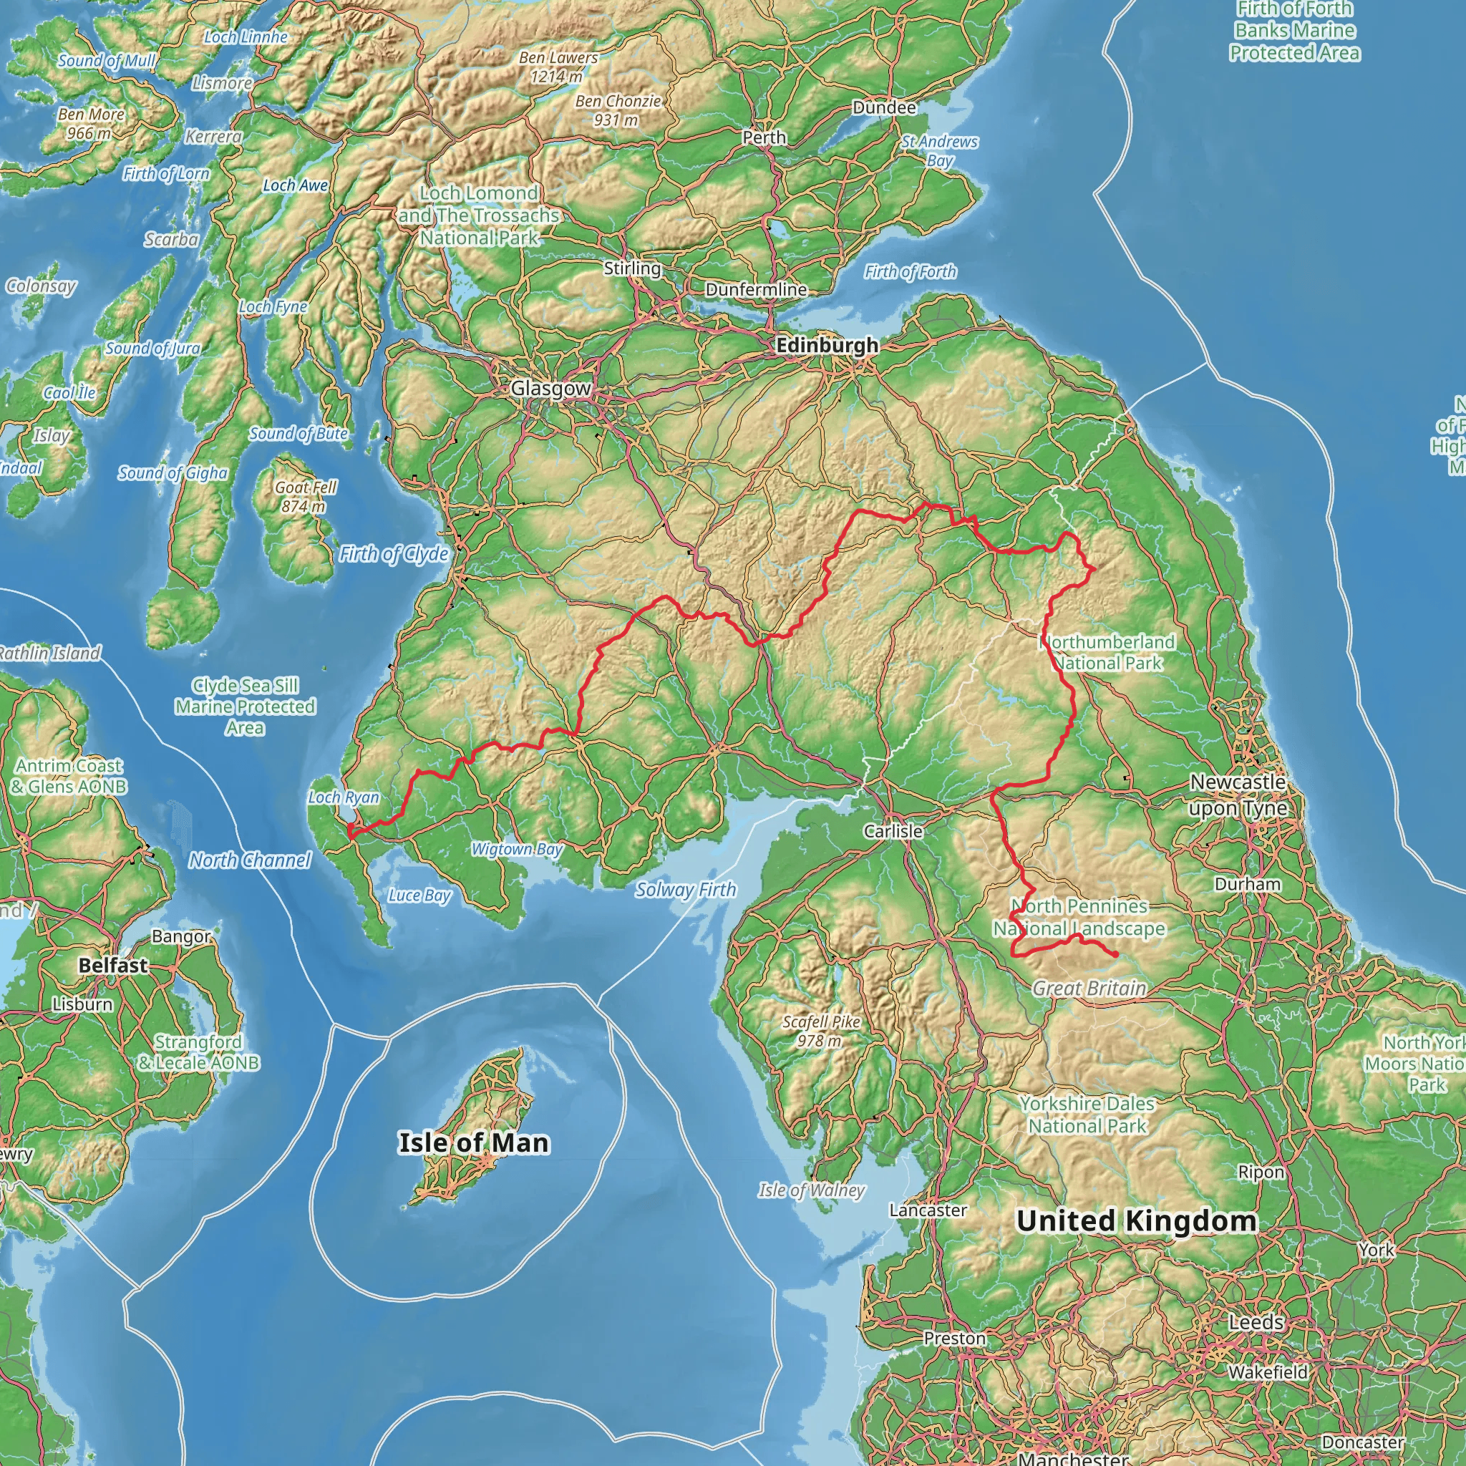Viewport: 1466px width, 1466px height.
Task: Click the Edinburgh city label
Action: pos(827,346)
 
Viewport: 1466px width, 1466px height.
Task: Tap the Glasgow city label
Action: pos(550,389)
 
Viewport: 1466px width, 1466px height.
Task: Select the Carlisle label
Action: pos(893,831)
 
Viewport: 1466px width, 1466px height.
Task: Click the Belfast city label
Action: pos(113,965)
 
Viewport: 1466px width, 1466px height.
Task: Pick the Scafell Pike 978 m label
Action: pos(821,1031)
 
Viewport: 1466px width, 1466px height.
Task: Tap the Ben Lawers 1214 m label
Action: pos(558,67)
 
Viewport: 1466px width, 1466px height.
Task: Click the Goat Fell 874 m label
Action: pos(305,496)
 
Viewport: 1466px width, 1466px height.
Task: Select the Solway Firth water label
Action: pos(686,889)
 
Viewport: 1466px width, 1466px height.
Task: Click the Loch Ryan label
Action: pos(344,797)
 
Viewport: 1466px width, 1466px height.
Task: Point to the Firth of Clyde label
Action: pos(394,554)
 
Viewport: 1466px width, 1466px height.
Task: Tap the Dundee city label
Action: pos(884,108)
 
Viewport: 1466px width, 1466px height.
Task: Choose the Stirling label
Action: pos(632,268)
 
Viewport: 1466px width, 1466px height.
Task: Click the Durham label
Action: pos(1248,884)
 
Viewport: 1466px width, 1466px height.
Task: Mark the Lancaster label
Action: pos(927,1210)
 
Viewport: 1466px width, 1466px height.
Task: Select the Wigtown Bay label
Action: pos(517,849)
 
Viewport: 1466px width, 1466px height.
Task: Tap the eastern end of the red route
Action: pos(1117,955)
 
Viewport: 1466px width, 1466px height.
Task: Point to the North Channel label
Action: pos(250,860)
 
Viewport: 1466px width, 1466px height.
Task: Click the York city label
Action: pos(1377,1250)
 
